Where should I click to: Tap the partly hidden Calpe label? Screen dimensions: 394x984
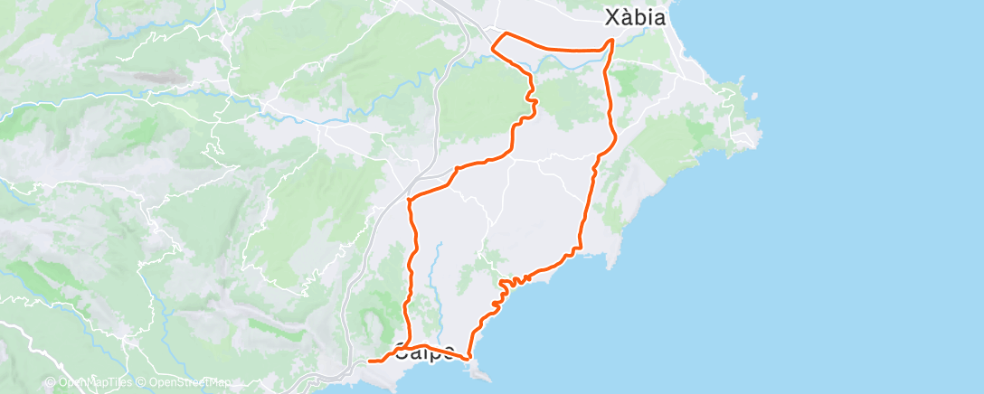pos(424,355)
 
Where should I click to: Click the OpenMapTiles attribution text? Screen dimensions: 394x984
pos(94,382)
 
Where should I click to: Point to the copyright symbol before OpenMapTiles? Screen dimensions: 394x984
pos(51,382)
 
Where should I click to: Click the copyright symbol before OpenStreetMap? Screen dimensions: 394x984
pos(142,382)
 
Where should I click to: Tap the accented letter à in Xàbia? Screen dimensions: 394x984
pos(626,17)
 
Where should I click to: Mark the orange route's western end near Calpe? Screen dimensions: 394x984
pos(371,361)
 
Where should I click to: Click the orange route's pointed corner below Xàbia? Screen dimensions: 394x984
pos(612,41)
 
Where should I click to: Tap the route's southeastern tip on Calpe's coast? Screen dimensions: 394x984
pos(469,358)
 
